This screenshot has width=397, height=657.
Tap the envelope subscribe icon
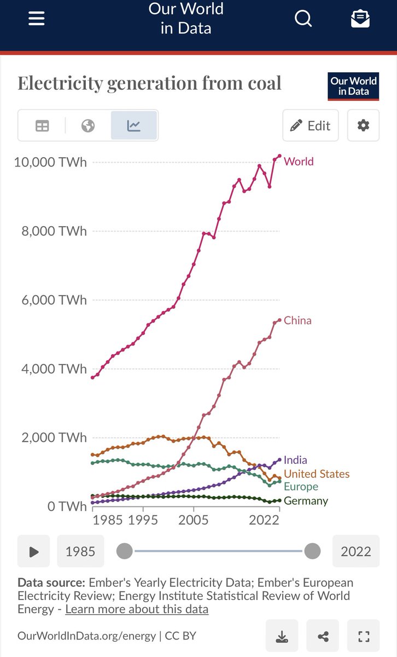tap(360, 19)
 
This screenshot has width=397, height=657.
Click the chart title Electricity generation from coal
tap(149, 83)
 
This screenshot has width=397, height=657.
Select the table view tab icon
tap(42, 126)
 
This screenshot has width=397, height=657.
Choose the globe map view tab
tap(88, 126)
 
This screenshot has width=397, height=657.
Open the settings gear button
tap(363, 125)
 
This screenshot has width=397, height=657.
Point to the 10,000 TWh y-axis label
tap(50, 163)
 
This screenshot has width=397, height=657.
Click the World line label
tap(299, 162)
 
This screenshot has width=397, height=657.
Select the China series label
tap(297, 320)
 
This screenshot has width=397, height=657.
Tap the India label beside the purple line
tap(295, 460)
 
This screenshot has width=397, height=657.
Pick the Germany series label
tap(306, 501)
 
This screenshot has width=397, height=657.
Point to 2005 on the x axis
tap(194, 519)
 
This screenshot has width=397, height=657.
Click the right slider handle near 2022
tap(312, 551)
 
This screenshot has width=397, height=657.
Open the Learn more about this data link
tap(137, 609)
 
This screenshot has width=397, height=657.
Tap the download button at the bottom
tap(282, 636)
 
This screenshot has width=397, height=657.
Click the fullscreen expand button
tap(364, 636)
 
